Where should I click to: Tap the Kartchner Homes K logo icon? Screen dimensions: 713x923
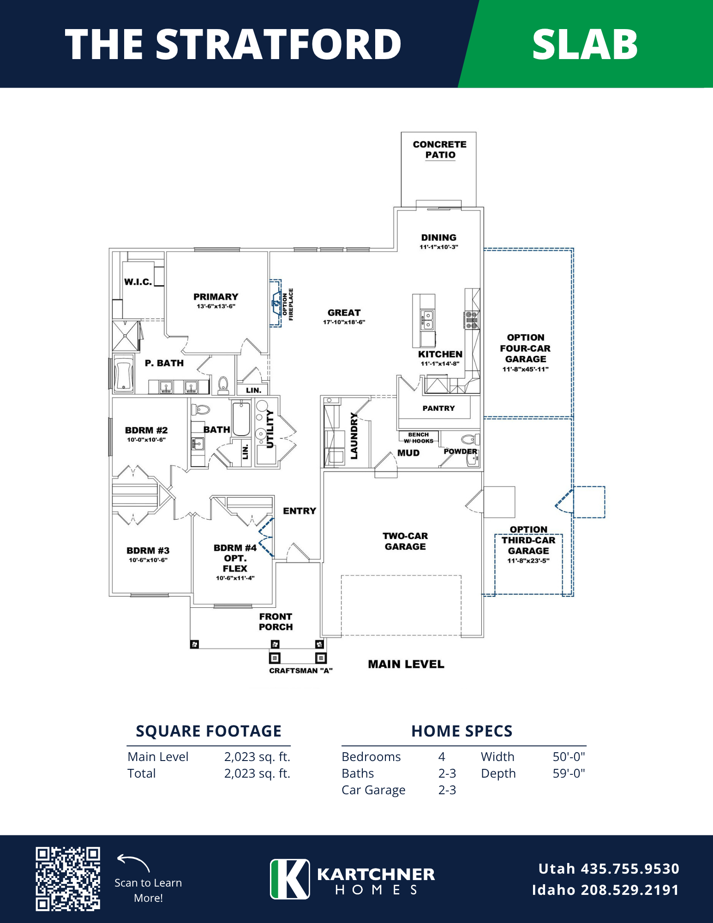(x=290, y=879)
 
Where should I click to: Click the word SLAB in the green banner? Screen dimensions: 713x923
(x=585, y=44)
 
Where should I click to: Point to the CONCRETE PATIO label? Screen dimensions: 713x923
(x=440, y=150)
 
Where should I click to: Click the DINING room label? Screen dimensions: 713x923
(x=439, y=237)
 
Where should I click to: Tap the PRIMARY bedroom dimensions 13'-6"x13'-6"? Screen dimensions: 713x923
(x=216, y=306)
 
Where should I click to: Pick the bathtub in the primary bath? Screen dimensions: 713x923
(x=124, y=374)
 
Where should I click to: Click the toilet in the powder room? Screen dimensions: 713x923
(x=470, y=439)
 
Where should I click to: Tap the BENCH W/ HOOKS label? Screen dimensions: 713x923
(x=419, y=438)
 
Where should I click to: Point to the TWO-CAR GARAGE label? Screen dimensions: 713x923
(x=405, y=541)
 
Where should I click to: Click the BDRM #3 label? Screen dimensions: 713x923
(x=148, y=551)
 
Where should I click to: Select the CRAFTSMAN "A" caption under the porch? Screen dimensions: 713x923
(x=301, y=671)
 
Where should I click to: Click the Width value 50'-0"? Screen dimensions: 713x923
(x=569, y=757)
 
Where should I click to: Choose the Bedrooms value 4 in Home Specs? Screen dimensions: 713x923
(x=442, y=757)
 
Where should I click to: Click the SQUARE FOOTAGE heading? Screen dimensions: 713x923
(x=209, y=731)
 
